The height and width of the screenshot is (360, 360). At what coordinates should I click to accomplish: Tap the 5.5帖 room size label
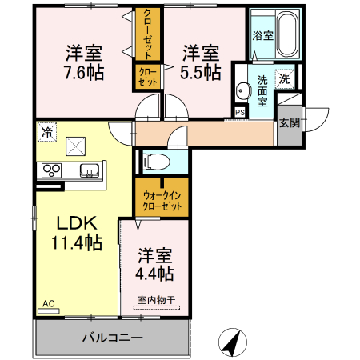[200, 72]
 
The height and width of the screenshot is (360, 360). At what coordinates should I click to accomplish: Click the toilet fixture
[157, 161]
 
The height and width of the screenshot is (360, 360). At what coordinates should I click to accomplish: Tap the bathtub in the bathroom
[285, 35]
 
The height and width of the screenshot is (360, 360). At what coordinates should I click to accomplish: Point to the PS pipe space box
[240, 111]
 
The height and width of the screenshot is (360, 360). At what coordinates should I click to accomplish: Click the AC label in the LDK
[48, 304]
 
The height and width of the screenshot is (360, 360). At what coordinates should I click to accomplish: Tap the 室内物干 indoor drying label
[155, 300]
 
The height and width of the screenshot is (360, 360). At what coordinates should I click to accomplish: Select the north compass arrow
[232, 342]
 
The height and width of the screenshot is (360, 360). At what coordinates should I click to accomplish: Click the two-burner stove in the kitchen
[52, 170]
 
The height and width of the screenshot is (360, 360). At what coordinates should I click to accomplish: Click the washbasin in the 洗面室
[242, 90]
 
